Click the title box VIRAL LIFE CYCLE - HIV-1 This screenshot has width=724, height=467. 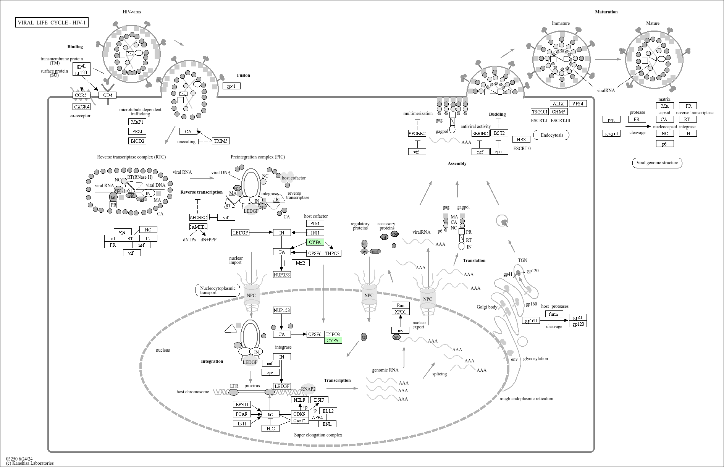point(52,23)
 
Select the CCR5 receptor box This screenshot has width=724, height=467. point(81,95)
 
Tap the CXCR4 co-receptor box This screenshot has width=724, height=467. point(82,107)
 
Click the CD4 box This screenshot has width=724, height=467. point(107,95)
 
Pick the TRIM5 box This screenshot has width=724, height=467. point(220,141)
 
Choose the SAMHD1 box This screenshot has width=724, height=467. point(198,227)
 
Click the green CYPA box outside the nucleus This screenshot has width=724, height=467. point(315,242)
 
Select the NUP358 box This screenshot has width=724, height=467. point(282,274)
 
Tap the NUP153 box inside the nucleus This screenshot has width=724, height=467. point(282,310)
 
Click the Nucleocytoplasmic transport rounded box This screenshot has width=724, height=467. point(218,290)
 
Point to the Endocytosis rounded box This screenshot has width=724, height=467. point(551,135)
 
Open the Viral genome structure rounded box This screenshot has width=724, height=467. point(657,163)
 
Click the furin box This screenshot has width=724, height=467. point(553,314)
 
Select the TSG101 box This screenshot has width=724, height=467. point(540,111)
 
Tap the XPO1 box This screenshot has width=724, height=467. point(400,312)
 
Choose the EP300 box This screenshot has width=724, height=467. point(242,404)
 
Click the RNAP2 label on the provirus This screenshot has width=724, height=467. point(308,389)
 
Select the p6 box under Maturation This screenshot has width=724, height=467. point(664,144)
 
